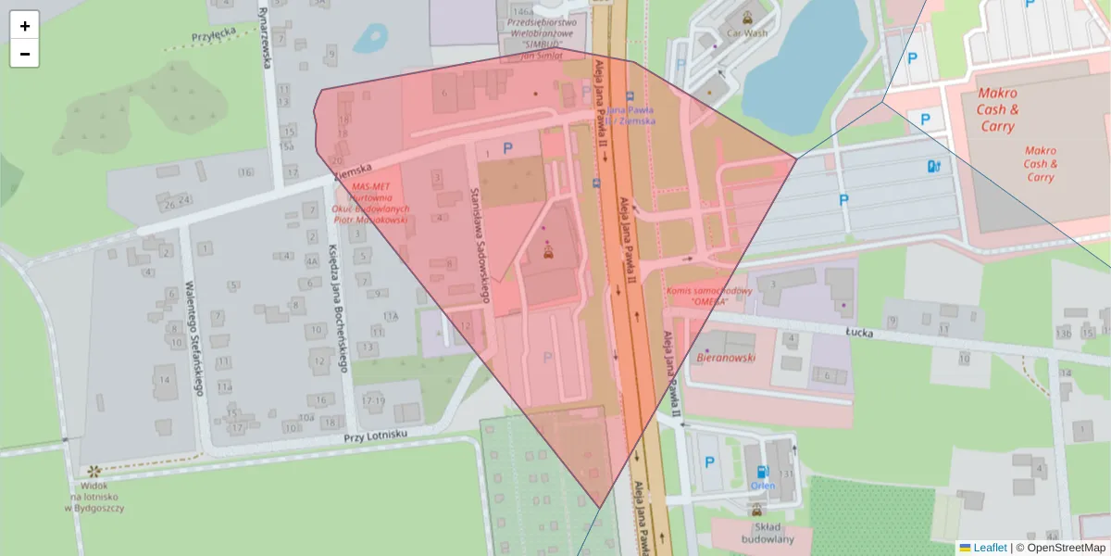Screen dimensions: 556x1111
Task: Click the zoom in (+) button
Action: click(25, 26)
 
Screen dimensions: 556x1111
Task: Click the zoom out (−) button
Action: click(25, 54)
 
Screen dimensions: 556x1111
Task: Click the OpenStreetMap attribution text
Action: click(1060, 548)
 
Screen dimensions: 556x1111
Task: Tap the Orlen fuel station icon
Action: click(763, 472)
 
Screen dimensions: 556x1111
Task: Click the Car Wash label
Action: click(746, 33)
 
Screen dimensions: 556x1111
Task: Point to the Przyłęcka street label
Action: click(215, 32)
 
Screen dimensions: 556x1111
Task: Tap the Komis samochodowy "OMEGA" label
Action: click(709, 297)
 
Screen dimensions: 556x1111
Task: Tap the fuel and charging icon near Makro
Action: click(933, 166)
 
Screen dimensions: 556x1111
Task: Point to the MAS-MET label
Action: click(369, 186)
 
